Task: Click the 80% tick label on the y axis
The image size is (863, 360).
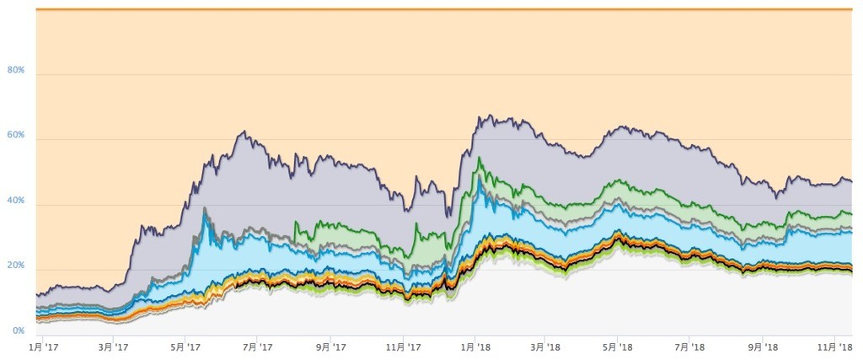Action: coord(16,70)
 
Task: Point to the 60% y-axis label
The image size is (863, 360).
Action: coord(16,135)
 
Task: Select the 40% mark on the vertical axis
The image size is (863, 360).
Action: coord(16,201)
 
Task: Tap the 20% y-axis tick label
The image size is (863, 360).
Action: coord(16,266)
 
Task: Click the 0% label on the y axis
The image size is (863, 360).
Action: coord(18,330)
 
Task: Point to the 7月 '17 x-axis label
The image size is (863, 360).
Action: coord(257,347)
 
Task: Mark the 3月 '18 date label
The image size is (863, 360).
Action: coord(546,347)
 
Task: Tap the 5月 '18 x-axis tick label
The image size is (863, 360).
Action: coord(619,347)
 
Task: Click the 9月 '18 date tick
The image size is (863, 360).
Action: coord(764,347)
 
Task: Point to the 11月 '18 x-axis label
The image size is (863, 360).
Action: coord(835,347)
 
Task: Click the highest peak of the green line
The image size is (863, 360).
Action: coord(480,158)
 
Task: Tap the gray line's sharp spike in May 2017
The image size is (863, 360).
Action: coord(204,207)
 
